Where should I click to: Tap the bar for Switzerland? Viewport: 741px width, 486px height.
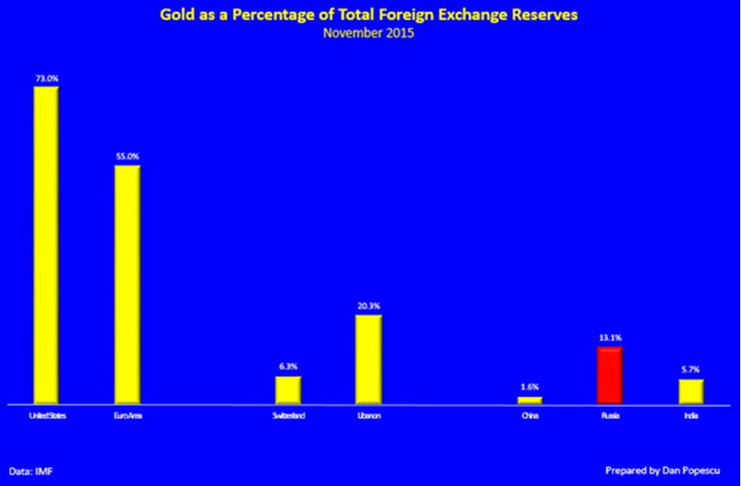click(288, 389)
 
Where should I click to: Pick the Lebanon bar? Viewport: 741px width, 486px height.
click(369, 359)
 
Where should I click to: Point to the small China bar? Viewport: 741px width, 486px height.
click(530, 400)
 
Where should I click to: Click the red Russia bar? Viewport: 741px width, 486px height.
click(609, 375)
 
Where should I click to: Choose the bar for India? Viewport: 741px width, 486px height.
click(691, 391)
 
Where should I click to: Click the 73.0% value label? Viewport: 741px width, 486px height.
click(45, 78)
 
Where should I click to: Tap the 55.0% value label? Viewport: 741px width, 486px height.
click(128, 157)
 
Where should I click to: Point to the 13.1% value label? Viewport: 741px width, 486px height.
click(609, 338)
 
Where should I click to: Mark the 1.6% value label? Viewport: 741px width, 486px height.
click(530, 388)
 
